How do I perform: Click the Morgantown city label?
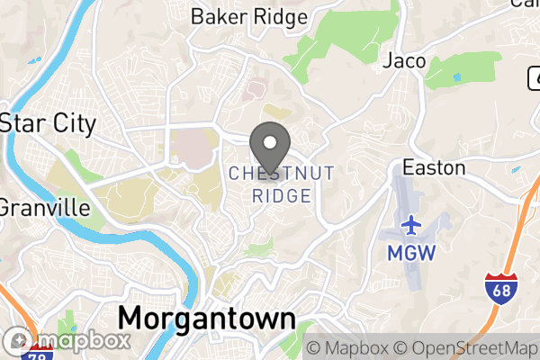206,318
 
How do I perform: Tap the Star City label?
49,123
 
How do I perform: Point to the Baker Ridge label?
249,16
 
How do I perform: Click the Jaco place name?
404,61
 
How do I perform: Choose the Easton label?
434,167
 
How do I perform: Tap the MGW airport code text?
411,253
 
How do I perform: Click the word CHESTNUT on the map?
282,173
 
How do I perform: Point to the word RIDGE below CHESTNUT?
282,195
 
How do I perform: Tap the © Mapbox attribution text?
347,348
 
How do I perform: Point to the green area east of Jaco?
463,70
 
